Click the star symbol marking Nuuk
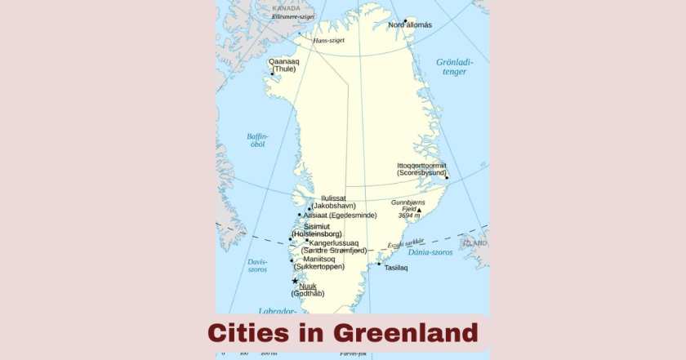[295, 281]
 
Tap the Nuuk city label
[308, 287]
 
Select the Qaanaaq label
[284, 61]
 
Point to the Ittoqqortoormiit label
[422, 165]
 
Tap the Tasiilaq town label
[396, 267]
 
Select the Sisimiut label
[317, 226]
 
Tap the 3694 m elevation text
[409, 216]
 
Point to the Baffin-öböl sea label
[257, 140]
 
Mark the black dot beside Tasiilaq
[378, 264]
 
